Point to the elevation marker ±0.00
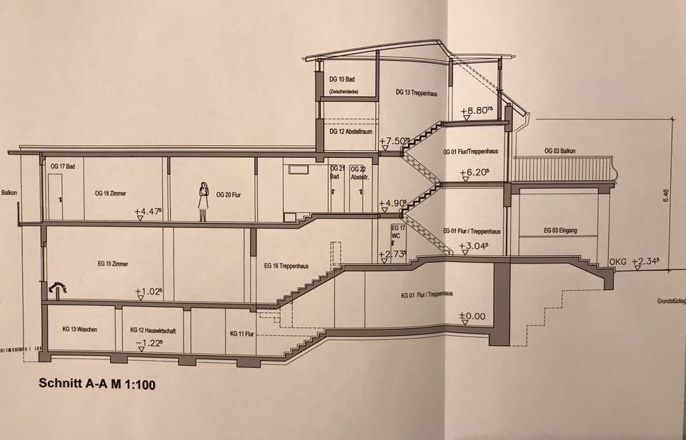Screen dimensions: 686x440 click(472, 316)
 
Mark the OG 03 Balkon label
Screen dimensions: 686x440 click(560, 151)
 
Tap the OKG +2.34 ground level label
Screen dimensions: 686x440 click(634, 261)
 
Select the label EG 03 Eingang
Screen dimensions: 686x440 click(560, 230)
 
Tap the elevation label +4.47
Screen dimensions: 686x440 click(149, 211)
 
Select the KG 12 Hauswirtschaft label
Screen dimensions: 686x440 click(154, 331)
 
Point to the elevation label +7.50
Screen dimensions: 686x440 click(394, 141)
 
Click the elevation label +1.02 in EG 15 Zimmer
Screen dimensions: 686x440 click(149, 291)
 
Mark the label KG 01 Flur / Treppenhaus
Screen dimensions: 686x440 click(431, 294)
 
